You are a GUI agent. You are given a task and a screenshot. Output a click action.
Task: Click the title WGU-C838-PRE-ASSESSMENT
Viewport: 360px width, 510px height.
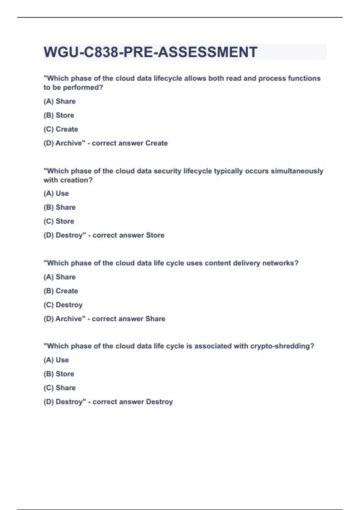[x=150, y=52]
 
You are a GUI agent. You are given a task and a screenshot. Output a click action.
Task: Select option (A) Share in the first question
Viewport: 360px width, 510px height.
[x=59, y=101]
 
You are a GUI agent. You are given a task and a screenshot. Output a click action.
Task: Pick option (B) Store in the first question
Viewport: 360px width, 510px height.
[x=59, y=115]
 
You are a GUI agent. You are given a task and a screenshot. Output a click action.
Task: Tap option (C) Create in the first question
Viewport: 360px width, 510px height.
[x=61, y=129]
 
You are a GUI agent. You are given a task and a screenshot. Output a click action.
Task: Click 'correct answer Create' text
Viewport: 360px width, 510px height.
[x=130, y=143]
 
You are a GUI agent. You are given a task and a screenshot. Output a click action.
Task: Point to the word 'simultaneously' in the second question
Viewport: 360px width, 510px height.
[x=297, y=171]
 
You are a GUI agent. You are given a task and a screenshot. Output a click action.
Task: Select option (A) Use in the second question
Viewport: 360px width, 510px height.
[x=56, y=193]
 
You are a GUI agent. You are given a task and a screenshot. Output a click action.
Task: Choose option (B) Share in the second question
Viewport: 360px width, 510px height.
[x=59, y=207]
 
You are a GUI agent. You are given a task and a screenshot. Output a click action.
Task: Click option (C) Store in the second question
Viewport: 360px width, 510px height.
[x=59, y=221]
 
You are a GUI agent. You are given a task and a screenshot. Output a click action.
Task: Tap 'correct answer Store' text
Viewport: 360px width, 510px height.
[x=128, y=235]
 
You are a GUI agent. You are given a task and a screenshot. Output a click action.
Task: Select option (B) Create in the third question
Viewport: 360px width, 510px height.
[x=61, y=291]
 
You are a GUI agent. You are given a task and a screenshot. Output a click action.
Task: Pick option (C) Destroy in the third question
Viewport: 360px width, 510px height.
[x=63, y=305]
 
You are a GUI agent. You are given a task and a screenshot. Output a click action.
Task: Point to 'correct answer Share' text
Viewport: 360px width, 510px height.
[x=128, y=319]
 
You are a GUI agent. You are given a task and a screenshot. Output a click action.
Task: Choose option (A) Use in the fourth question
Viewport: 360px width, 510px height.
[x=56, y=360]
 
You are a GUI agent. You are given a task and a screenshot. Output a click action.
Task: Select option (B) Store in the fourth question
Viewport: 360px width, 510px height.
[x=59, y=374]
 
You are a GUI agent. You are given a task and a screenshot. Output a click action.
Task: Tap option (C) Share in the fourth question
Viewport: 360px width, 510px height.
[x=59, y=388]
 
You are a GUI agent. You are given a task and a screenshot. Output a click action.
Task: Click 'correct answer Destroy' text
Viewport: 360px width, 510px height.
[x=133, y=402]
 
